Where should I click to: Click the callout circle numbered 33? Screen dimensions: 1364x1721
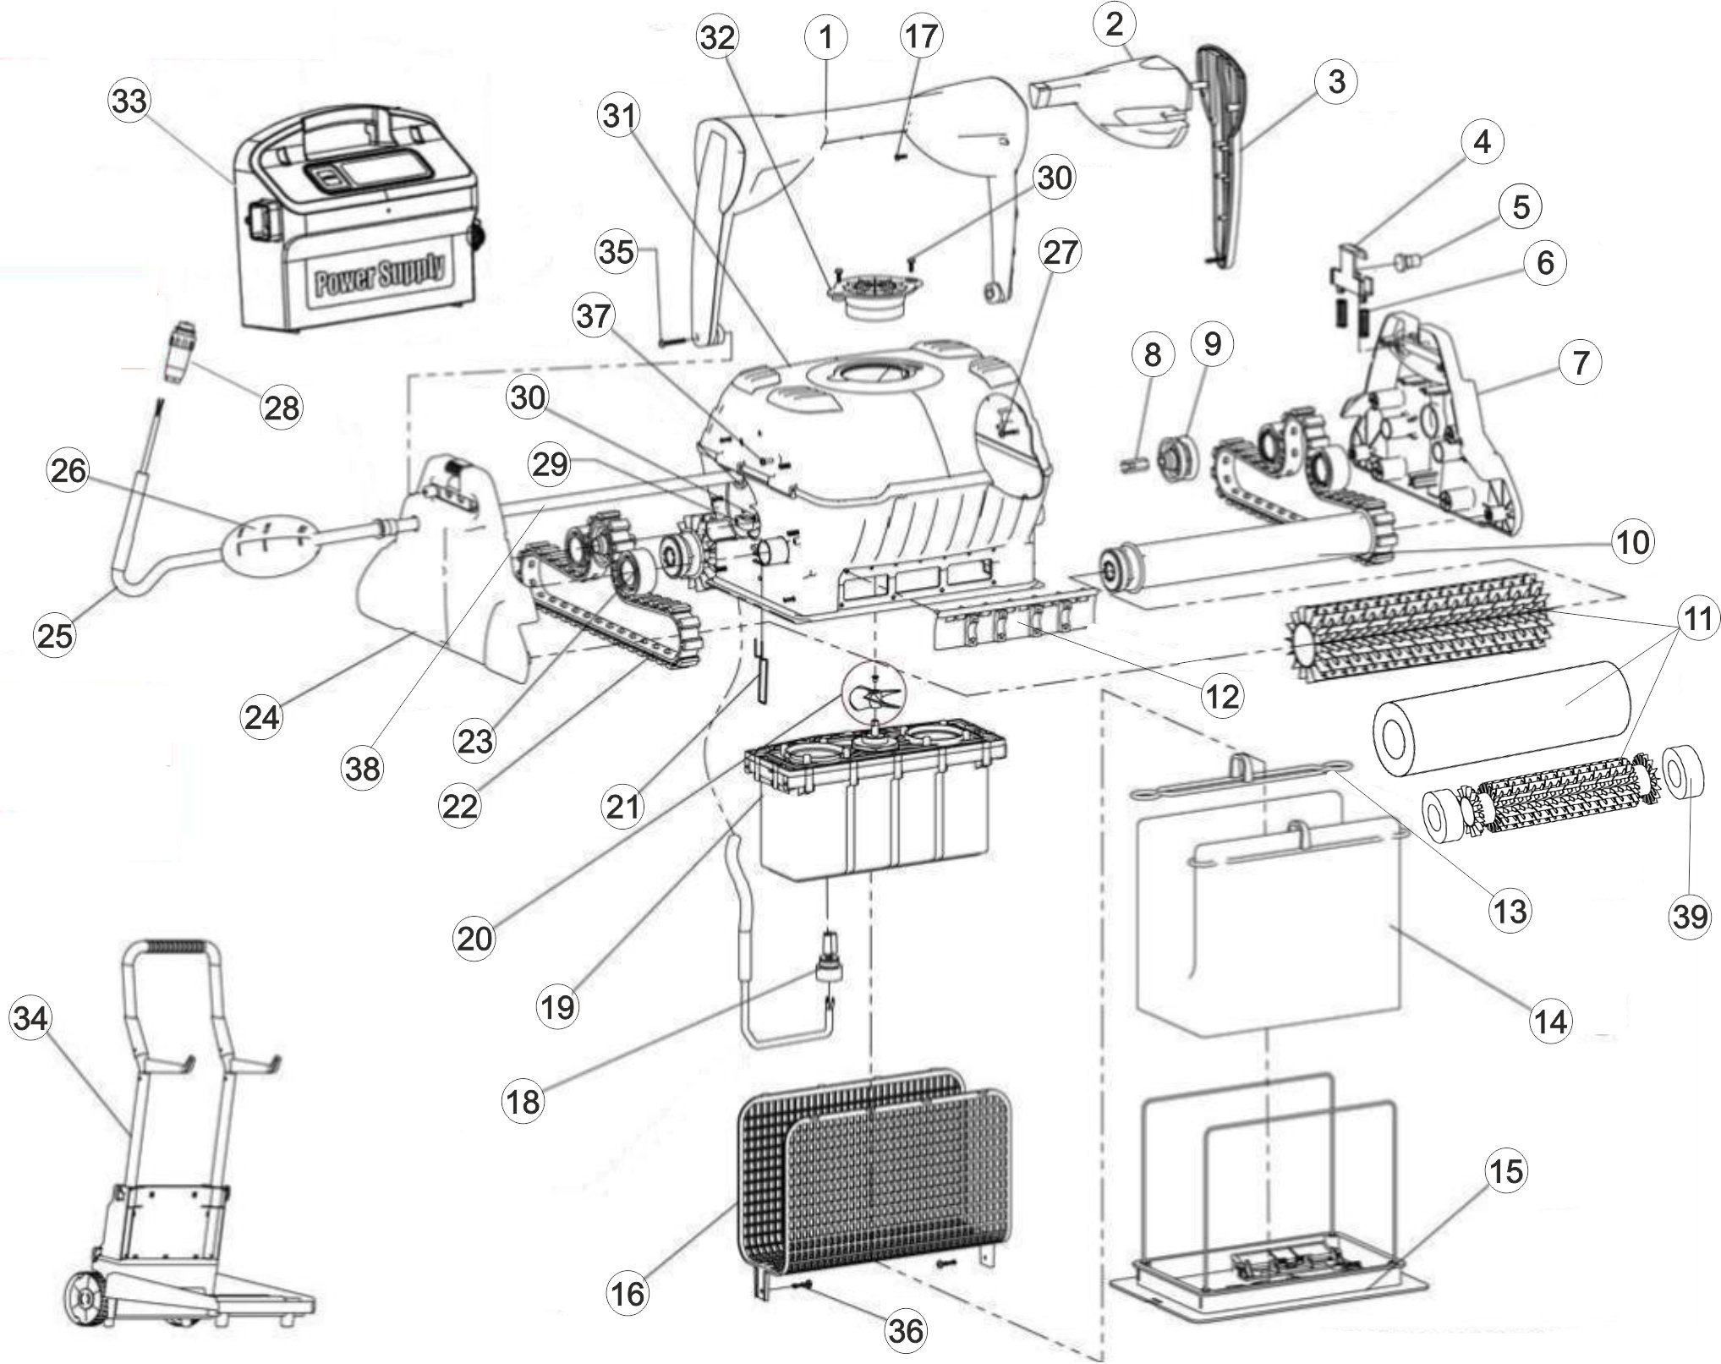(129, 101)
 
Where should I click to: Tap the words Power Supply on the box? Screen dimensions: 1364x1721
(381, 272)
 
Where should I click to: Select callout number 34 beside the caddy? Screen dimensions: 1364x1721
(30, 1018)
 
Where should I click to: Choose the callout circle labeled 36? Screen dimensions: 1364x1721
(905, 1330)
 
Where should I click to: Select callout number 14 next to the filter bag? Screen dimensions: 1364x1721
(1551, 1021)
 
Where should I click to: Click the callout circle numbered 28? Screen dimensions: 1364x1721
(282, 408)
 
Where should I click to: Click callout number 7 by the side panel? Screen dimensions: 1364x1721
(1580, 363)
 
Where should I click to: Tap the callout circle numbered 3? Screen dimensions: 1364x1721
(1336, 81)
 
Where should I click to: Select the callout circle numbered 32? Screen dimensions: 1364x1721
(717, 38)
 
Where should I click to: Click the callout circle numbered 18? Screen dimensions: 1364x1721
(523, 1101)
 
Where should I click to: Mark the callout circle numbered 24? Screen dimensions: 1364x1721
(261, 717)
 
